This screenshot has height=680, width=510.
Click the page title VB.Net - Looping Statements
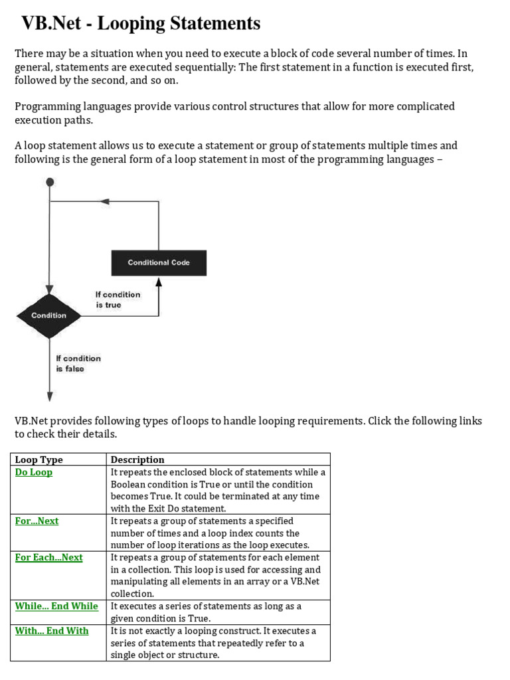point(141,24)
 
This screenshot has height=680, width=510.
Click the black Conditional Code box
point(159,263)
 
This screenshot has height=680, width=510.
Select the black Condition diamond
point(49,315)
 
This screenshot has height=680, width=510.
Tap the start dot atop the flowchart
point(50,181)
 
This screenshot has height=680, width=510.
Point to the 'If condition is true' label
point(118,299)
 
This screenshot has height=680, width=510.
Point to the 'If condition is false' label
point(78,363)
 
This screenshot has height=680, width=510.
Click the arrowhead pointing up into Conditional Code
point(159,281)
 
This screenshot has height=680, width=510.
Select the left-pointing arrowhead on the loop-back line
point(104,201)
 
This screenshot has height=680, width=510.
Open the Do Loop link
point(34,472)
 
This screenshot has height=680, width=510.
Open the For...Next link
point(37,521)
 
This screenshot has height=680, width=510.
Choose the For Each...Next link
point(49,557)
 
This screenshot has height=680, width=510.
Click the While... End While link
point(56,606)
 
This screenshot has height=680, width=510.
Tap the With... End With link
point(52,630)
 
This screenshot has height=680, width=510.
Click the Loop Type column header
point(39,460)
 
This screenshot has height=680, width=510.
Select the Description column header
point(137,460)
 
